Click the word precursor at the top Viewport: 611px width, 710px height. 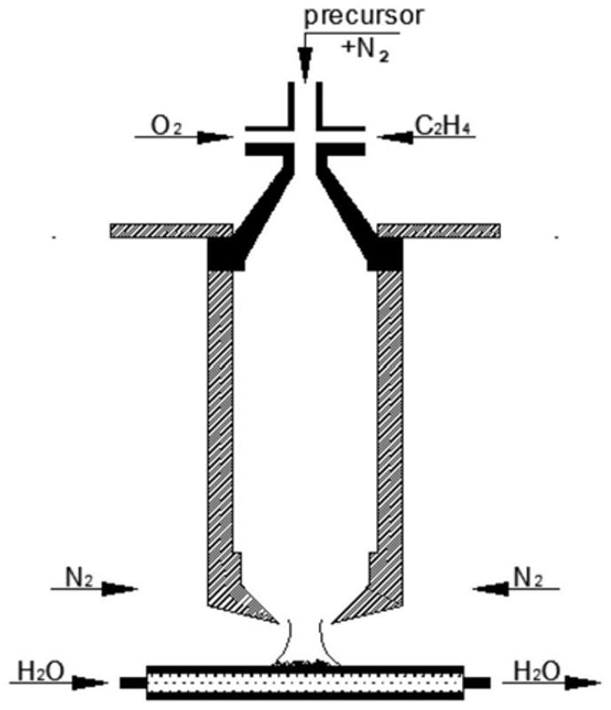click(352, 17)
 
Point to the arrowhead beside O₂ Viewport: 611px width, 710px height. click(215, 138)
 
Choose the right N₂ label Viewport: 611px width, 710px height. click(529, 577)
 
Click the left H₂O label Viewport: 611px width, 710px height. click(43, 672)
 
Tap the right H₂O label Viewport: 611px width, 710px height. click(537, 672)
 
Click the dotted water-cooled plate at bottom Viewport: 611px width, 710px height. click(304, 682)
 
